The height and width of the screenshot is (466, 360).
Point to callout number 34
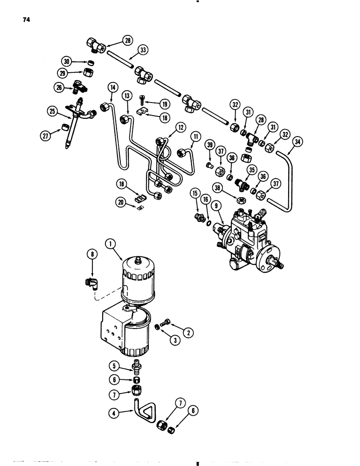click(x=296, y=141)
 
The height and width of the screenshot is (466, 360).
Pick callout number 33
click(x=143, y=51)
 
